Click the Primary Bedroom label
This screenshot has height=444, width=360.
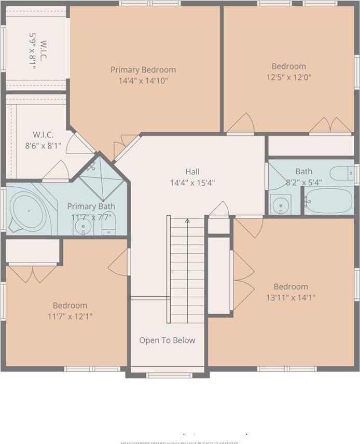(143, 70)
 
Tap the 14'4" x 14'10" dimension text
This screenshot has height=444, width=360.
(143, 80)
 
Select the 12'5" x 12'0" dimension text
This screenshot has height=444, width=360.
(289, 77)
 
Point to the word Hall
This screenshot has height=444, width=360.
(192, 172)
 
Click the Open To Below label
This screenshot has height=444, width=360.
(167, 340)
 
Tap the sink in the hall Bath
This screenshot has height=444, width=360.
(280, 205)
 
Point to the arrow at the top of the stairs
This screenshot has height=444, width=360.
(187, 221)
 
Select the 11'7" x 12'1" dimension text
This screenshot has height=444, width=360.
(70, 316)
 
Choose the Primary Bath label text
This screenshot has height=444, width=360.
(91, 206)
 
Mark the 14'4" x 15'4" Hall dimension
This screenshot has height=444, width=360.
(192, 183)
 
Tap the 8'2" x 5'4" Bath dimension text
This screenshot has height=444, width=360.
(303, 183)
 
